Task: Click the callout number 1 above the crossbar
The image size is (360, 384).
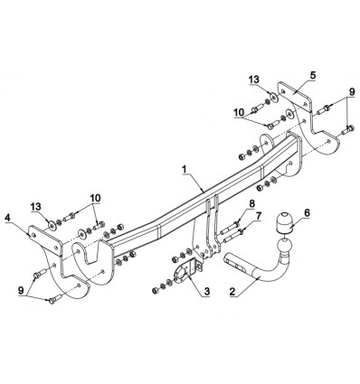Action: [185, 170]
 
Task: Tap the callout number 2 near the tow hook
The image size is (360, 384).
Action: [232, 292]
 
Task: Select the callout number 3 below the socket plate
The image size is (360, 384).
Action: [207, 291]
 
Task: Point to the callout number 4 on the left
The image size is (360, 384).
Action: [7, 218]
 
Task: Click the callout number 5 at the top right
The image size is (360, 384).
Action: [313, 75]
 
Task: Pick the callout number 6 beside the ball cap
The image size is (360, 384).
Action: [307, 213]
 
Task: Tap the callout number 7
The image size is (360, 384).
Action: [259, 216]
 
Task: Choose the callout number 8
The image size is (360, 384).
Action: [251, 204]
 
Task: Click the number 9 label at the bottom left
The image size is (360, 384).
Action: [21, 290]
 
